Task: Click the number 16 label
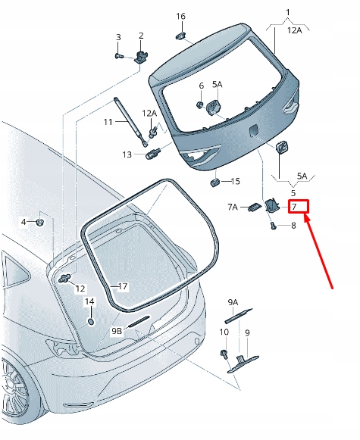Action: coord(180,17)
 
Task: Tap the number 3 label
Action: coord(118,37)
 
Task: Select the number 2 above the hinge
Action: coord(141,36)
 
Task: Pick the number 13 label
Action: coord(127,154)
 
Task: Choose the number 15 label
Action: coord(235,182)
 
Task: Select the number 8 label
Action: coord(293,226)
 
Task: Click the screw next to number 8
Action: coord(273,225)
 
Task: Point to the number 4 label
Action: coord(23,222)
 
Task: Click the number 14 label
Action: coord(89,301)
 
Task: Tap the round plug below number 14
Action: coord(90,321)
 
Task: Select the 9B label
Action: coord(117,332)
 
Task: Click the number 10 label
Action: coord(224,332)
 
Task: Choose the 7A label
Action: coord(233,207)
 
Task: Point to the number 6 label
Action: coord(202,85)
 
